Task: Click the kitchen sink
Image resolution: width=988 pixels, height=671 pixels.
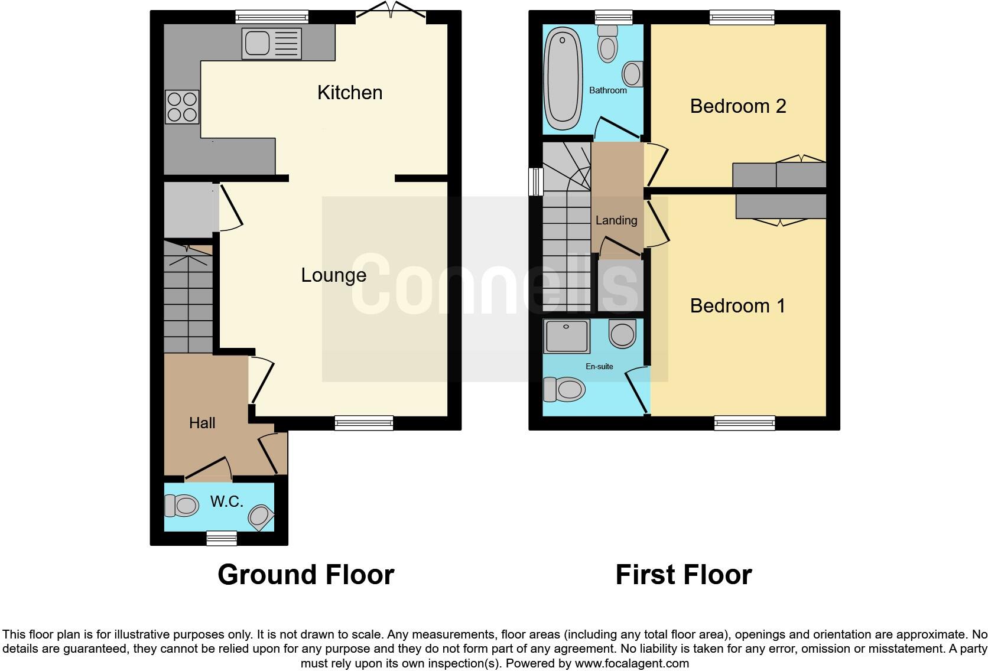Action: (271, 43)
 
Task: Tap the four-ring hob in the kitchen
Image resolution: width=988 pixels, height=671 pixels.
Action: (182, 107)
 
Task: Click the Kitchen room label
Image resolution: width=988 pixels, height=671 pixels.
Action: (350, 93)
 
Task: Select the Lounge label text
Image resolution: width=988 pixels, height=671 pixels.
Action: (333, 275)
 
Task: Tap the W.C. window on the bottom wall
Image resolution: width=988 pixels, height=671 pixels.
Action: (222, 538)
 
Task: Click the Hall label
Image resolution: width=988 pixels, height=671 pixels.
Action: (202, 423)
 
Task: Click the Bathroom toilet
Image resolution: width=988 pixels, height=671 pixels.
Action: (607, 44)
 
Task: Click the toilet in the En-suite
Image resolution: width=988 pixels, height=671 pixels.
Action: (564, 389)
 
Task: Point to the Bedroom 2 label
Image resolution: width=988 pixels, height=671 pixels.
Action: (738, 106)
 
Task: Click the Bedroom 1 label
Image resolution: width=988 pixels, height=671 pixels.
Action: (737, 306)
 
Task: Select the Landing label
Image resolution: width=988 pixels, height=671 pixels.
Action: (616, 220)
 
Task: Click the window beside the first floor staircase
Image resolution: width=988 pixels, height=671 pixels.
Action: (536, 181)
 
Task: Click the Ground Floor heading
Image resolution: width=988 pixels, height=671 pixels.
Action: (305, 575)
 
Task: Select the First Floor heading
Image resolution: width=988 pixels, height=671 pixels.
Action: (683, 575)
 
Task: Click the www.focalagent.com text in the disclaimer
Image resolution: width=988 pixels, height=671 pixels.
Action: (632, 663)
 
